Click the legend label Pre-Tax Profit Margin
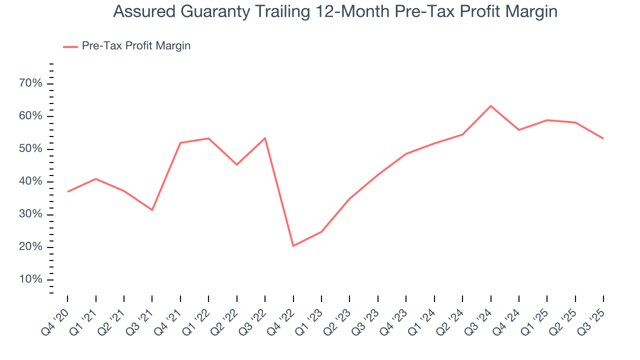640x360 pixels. [136, 46]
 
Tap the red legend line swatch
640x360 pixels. [70, 46]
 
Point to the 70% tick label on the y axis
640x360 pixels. [30, 83]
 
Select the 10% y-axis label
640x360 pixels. [30, 279]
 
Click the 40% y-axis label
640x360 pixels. [30, 181]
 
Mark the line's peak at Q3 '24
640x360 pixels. [490, 106]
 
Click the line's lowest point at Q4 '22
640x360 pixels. [293, 246]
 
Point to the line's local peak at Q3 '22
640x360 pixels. [264, 138]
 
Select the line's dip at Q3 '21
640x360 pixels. [152, 210]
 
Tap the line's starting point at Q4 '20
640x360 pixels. [67, 191]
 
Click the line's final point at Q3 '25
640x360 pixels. [603, 138]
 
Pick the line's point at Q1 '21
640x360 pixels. [95, 179]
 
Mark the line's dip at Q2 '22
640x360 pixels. [236, 164]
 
